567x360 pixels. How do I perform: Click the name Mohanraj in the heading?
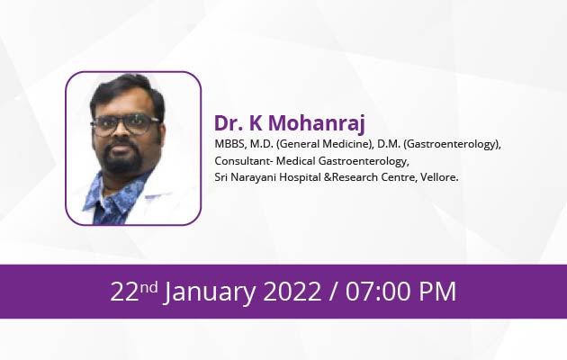pyautogui.click(x=317, y=124)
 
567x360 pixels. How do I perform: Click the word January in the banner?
pyautogui.click(x=210, y=292)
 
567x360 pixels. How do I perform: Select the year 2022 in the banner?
pyautogui.click(x=292, y=292)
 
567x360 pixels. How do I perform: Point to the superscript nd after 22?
pyautogui.click(x=149, y=288)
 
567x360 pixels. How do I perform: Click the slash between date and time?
pyautogui.click(x=333, y=292)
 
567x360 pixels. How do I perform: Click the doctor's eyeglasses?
pyautogui.click(x=125, y=125)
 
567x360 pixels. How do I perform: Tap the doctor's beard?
pyautogui.click(x=124, y=156)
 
